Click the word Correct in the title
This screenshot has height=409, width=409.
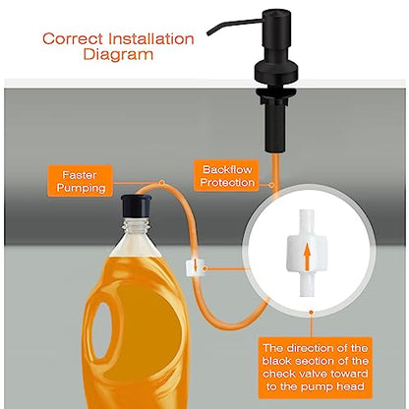click(73, 39)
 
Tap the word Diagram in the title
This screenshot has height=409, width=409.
click(118, 54)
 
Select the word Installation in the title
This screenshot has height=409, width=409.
click(151, 39)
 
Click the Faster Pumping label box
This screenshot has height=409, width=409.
click(81, 181)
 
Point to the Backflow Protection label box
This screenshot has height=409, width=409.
click(227, 175)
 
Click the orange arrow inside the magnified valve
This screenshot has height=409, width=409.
click(307, 257)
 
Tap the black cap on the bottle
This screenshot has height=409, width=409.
click(136, 205)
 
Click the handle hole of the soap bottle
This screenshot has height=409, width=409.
click(103, 331)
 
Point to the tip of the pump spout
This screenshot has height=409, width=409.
click(208, 33)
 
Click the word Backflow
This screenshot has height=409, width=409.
click(227, 169)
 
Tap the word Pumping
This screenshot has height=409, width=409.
click(81, 188)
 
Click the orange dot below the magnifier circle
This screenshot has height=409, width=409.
click(311, 313)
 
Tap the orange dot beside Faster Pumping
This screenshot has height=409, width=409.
click(161, 183)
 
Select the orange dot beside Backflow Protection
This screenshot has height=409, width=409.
click(271, 185)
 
